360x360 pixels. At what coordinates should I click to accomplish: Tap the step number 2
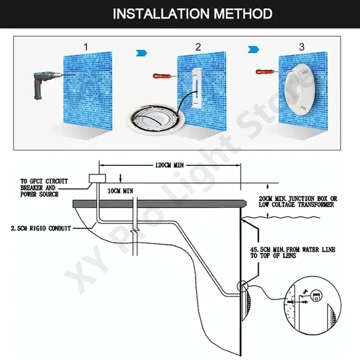click(198, 46)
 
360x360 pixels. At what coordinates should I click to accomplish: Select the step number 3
click(302, 46)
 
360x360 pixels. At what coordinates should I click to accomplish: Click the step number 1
click(85, 46)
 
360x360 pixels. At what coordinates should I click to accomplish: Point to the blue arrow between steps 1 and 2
click(141, 53)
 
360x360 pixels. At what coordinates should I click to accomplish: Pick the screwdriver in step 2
click(162, 76)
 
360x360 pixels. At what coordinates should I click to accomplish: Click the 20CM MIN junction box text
click(297, 201)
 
